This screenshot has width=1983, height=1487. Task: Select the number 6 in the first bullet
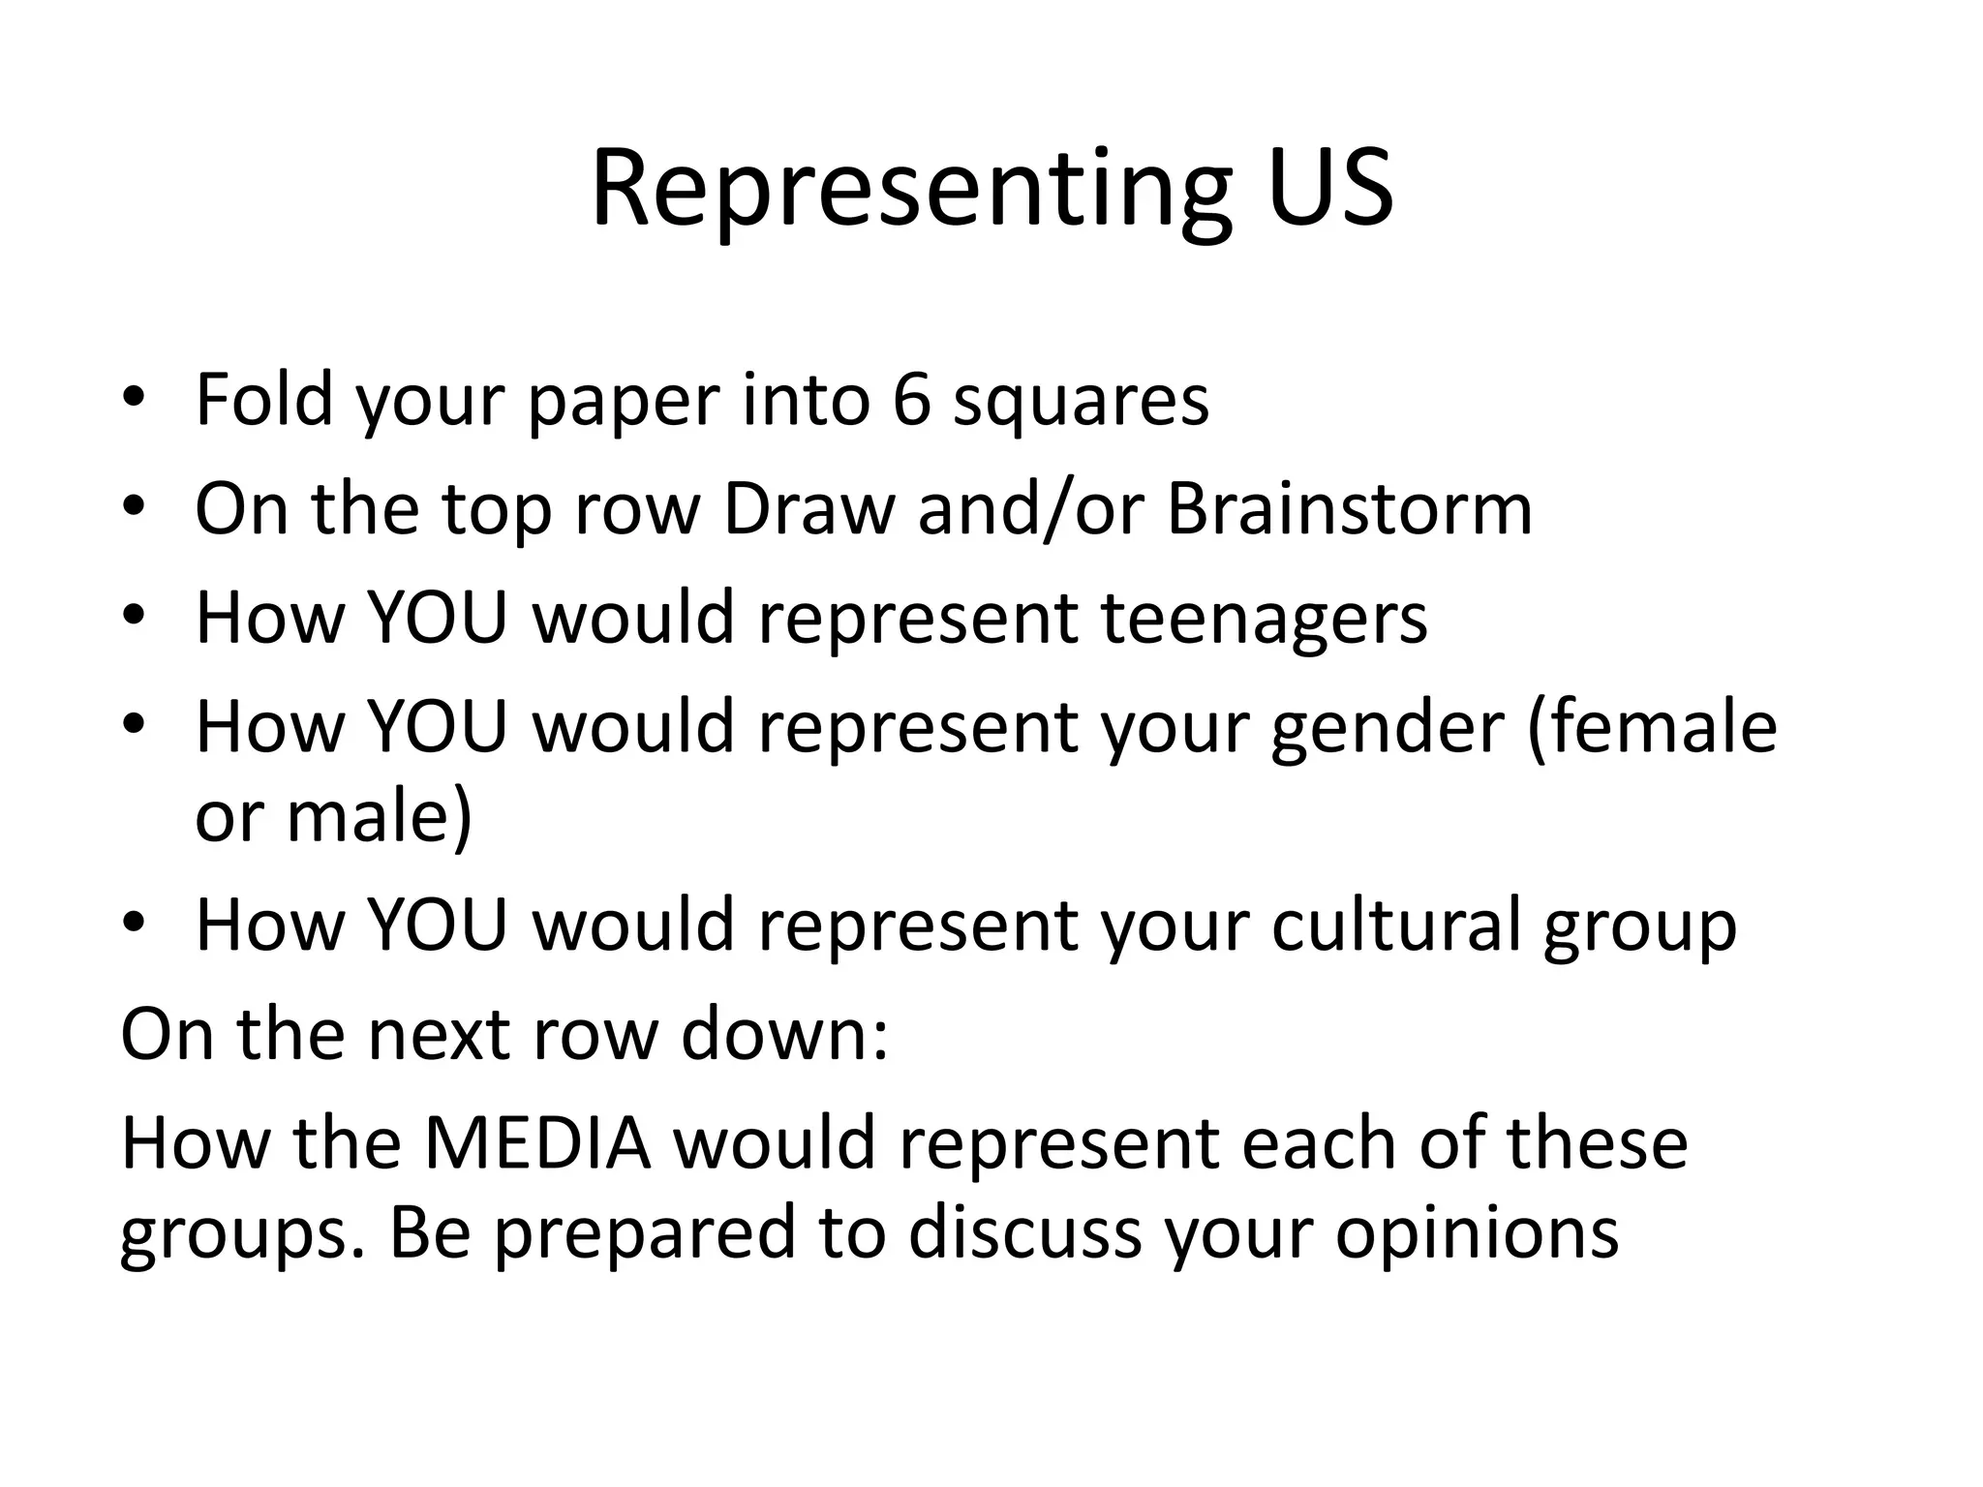(x=910, y=399)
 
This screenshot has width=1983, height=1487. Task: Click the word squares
(x=1081, y=401)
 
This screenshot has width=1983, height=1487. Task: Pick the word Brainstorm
(x=1350, y=508)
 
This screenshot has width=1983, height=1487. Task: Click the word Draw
(x=808, y=508)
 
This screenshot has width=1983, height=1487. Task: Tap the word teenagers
(x=1265, y=619)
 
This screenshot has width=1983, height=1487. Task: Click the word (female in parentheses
(x=1652, y=726)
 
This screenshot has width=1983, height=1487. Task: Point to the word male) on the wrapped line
(x=380, y=816)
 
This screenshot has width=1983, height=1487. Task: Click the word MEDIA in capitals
(x=537, y=1143)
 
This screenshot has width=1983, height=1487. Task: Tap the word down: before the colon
(x=784, y=1034)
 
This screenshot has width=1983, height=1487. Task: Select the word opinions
(x=1478, y=1233)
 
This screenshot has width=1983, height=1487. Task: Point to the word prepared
(x=644, y=1233)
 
